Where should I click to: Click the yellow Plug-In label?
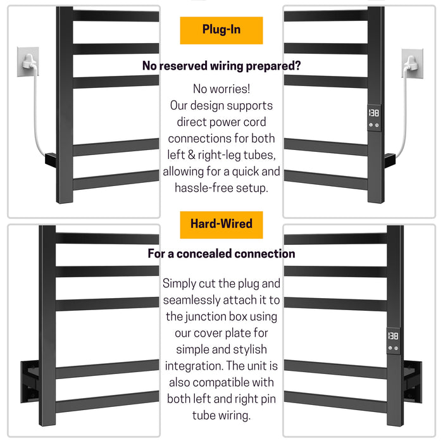click(x=221, y=30)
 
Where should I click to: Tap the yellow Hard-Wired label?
click(x=221, y=225)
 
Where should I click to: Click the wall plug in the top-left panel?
click(x=29, y=61)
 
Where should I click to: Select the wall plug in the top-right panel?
click(x=411, y=63)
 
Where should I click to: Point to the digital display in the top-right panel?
click(x=374, y=113)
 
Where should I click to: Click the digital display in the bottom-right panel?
click(x=393, y=336)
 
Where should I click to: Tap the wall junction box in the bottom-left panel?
click(x=30, y=381)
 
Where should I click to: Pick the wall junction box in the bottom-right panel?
click(x=413, y=382)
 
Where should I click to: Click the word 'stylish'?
click(x=250, y=349)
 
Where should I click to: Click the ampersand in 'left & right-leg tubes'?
click(x=191, y=155)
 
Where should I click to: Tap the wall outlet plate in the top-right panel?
click(x=412, y=63)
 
